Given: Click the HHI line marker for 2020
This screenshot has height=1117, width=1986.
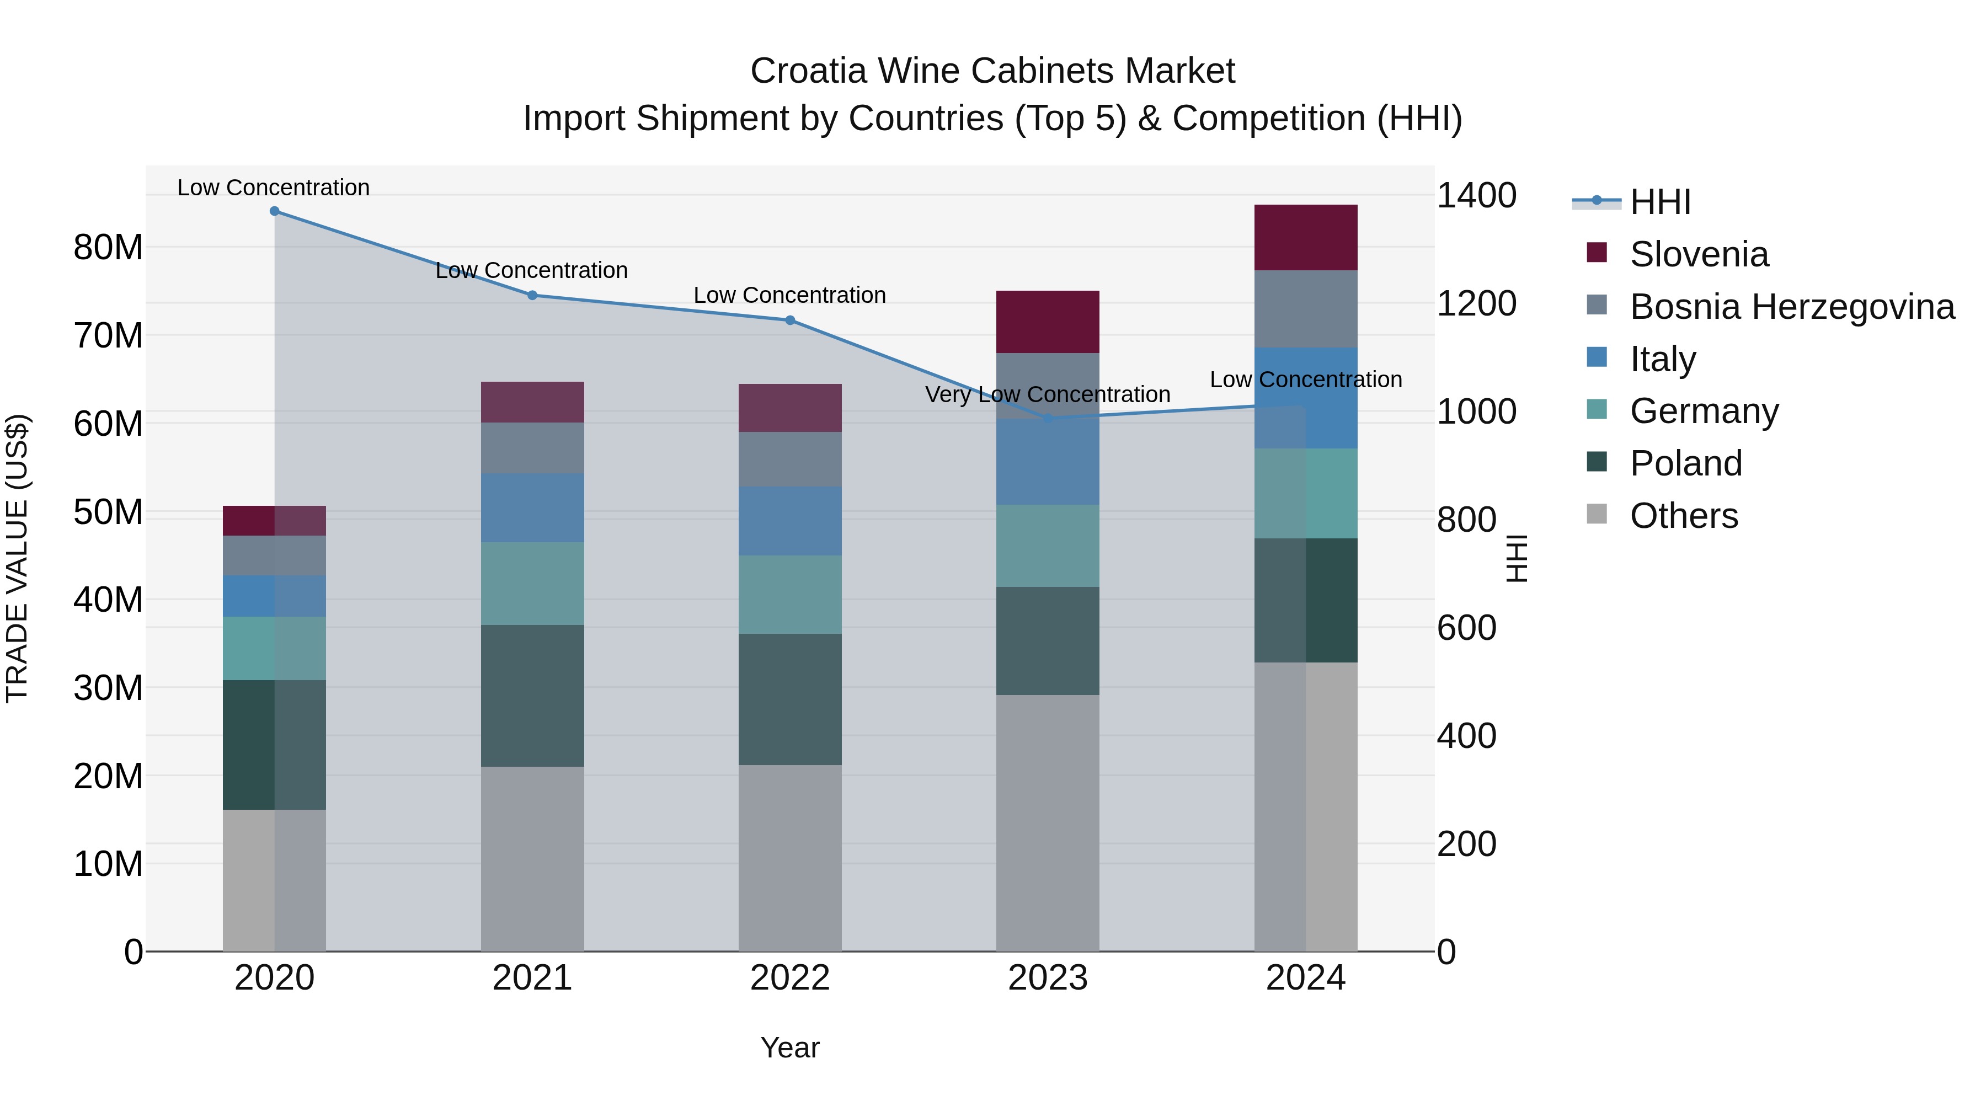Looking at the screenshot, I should click(275, 211).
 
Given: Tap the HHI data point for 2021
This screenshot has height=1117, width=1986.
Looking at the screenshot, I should click(532, 295).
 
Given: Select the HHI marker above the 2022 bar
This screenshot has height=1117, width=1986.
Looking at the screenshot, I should click(789, 320).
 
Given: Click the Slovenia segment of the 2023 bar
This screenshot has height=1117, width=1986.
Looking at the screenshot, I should click(1047, 322).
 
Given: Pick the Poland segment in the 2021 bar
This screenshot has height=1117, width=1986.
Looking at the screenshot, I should click(532, 696).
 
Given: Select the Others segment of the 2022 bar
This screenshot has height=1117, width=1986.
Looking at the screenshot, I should click(789, 857).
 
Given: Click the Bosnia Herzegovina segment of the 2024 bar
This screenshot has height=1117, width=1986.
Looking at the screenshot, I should click(1305, 308).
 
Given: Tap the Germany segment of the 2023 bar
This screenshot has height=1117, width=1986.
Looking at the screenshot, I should click(1047, 546).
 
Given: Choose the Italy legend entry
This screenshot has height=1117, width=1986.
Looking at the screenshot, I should click(1662, 359).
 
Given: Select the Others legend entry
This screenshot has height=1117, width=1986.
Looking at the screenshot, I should click(1683, 516).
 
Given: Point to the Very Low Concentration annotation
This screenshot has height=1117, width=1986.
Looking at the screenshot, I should click(1047, 395).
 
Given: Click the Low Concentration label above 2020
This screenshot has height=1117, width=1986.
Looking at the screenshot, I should click(274, 188).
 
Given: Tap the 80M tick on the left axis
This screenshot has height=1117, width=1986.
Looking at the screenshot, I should click(108, 248).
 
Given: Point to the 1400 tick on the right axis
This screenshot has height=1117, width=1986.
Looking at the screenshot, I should click(1476, 196).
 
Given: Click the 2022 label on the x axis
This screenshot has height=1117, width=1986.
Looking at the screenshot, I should click(789, 978).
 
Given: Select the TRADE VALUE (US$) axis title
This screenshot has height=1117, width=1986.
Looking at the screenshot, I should click(17, 558).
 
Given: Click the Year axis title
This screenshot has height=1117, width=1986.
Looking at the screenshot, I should click(789, 1047).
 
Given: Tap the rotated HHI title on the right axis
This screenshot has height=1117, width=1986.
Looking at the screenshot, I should click(1516, 558).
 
